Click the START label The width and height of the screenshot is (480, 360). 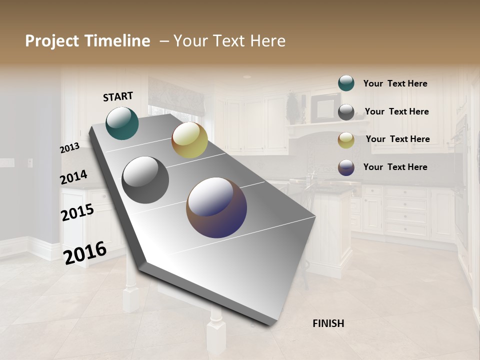(x=118, y=96)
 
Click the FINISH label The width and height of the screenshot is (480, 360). (x=328, y=323)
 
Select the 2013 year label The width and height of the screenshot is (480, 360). (x=69, y=147)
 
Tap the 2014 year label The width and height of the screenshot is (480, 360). (x=73, y=177)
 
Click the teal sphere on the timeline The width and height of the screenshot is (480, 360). (x=122, y=123)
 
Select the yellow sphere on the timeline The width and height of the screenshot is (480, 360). (x=189, y=140)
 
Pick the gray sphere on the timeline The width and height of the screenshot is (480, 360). (x=145, y=180)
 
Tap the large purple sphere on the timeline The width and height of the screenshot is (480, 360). (x=216, y=207)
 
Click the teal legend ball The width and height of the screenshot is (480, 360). (x=346, y=83)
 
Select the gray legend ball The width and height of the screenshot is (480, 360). (x=346, y=112)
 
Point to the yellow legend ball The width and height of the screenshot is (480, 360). (x=346, y=140)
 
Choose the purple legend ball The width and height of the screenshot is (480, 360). (x=346, y=168)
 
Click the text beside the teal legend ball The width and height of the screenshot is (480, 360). (x=395, y=84)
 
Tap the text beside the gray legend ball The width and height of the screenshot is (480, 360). (x=396, y=111)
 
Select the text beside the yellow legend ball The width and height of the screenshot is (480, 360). (x=397, y=139)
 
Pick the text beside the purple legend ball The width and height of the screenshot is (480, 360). (x=395, y=167)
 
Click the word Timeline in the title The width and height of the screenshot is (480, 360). (x=117, y=41)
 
